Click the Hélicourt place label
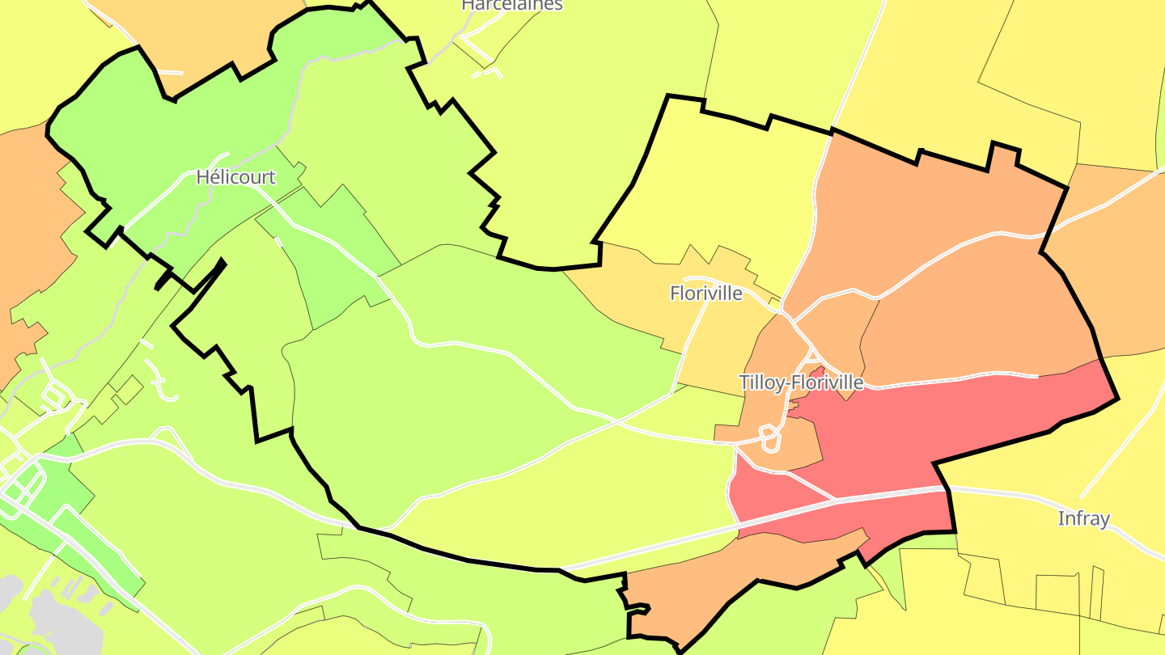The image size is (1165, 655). [235, 177]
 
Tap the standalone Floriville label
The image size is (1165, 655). [705, 294]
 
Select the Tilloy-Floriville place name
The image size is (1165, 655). [801, 382]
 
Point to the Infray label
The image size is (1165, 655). [1083, 518]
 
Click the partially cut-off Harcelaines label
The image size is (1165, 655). [511, 5]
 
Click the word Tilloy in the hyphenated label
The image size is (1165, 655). [760, 382]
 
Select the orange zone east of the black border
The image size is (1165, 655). [1125, 267]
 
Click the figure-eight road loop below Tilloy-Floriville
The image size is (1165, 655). [769, 440]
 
